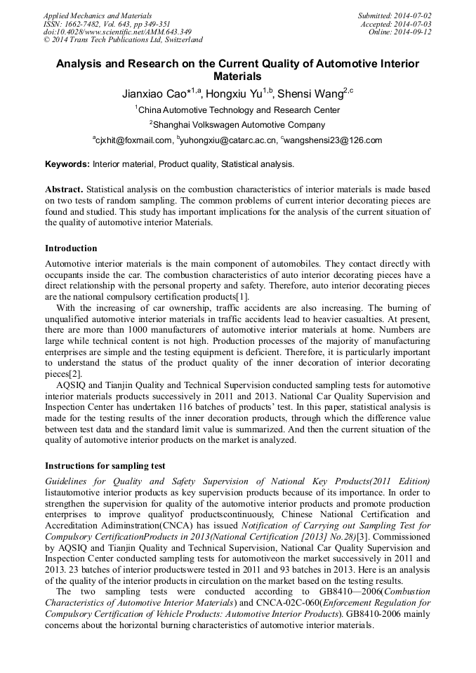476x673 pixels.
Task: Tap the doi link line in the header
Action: click(117, 32)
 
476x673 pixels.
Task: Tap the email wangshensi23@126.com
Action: click(333, 140)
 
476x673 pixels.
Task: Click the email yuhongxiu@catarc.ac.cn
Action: click(230, 140)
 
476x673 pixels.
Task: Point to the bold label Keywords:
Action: click(67, 164)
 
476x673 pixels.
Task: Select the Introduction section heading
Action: click(71, 248)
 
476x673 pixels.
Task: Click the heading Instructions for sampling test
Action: click(105, 466)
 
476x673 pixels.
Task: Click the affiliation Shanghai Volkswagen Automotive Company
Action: click(239, 125)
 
